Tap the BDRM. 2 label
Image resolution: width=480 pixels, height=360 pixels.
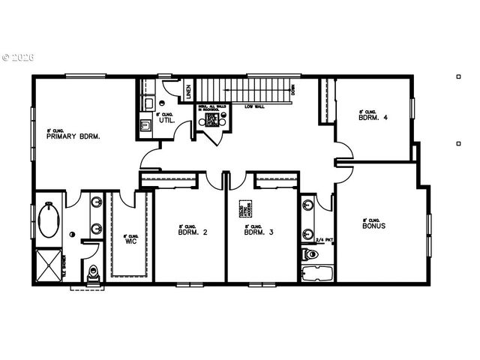pyautogui.click(x=193, y=232)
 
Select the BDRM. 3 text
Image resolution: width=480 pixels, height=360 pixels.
pyautogui.click(x=259, y=232)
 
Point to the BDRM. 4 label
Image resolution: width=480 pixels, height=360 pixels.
pyautogui.click(x=373, y=117)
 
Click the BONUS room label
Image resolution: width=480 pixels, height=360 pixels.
pyautogui.click(x=373, y=225)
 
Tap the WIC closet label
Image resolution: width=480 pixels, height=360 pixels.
pyautogui.click(x=130, y=241)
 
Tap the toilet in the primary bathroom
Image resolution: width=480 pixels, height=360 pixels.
pyautogui.click(x=93, y=274)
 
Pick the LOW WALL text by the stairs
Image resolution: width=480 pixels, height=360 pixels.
pyautogui.click(x=253, y=106)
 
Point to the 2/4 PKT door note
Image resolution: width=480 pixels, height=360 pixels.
pyautogui.click(x=324, y=240)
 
